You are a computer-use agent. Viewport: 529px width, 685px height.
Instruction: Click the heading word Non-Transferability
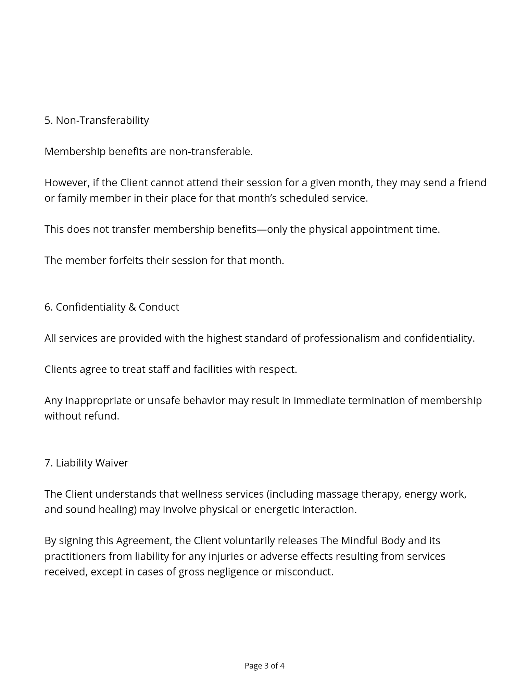click(x=102, y=120)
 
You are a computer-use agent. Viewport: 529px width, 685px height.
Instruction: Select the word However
click(x=67, y=183)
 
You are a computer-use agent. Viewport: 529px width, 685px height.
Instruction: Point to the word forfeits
click(x=126, y=260)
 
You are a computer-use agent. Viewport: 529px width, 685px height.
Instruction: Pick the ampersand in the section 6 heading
click(x=132, y=307)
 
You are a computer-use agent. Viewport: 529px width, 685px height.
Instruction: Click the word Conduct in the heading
click(x=159, y=307)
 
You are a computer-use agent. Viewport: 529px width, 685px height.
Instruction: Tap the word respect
click(x=278, y=369)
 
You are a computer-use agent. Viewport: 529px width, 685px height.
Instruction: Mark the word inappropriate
click(x=98, y=400)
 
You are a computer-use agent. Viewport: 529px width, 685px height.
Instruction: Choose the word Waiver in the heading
click(x=112, y=463)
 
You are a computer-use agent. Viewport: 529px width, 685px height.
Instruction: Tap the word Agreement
click(x=143, y=540)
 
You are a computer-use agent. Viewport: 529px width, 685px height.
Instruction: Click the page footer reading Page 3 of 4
click(x=264, y=666)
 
